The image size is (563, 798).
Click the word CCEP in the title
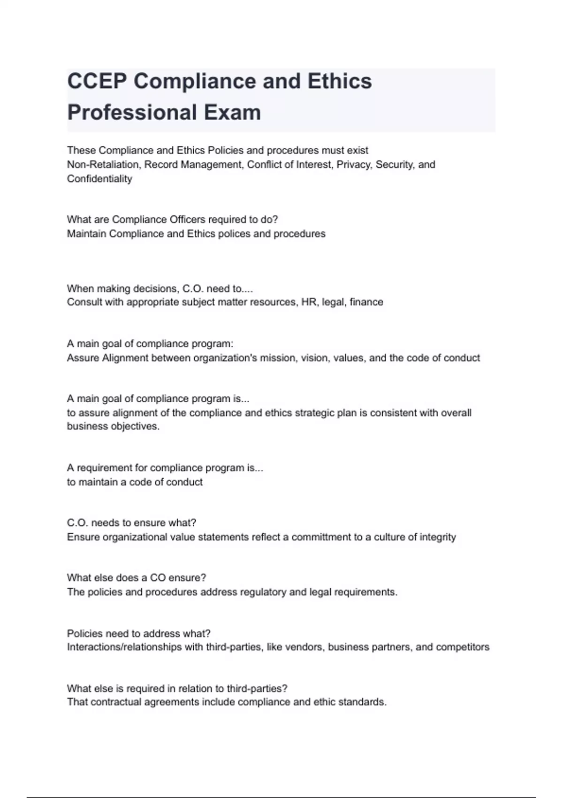(x=97, y=81)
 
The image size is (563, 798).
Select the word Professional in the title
(x=132, y=113)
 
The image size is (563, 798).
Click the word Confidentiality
(x=99, y=179)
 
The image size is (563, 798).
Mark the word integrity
(x=437, y=537)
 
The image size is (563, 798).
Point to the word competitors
(x=463, y=647)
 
